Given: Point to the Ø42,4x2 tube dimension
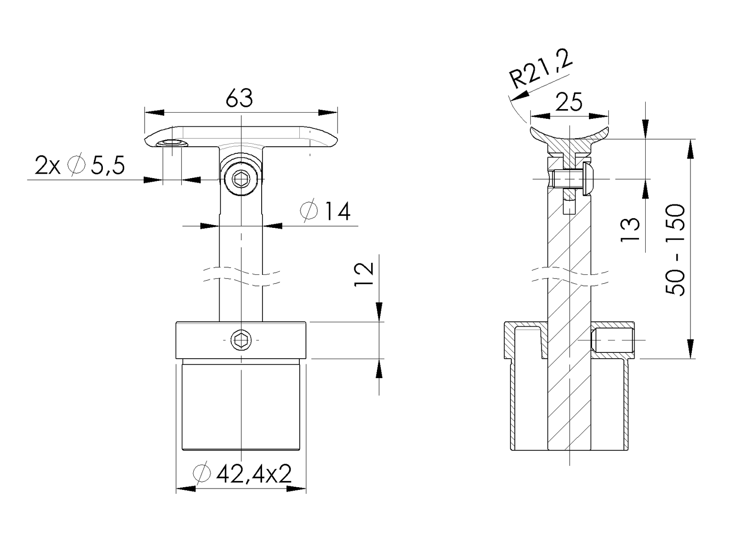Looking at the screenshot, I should (x=243, y=474).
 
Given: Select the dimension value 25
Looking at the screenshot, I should (x=569, y=103).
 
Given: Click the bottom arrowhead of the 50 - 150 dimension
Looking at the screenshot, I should (x=690, y=348).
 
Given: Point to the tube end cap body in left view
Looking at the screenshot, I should (x=241, y=406).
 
